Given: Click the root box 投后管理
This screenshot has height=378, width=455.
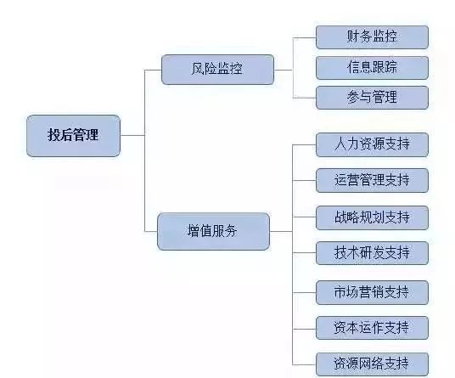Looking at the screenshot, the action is [73, 136].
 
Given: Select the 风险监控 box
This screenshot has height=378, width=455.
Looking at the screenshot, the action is [217, 70].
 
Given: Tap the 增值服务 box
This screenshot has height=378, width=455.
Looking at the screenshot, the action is [213, 231].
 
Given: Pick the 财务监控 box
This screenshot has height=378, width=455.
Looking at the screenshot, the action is [372, 37].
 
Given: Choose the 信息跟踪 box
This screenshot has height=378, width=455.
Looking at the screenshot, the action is [372, 68].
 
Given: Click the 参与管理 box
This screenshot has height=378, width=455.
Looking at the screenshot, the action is [372, 98].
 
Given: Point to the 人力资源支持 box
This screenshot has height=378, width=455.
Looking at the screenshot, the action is [372, 144].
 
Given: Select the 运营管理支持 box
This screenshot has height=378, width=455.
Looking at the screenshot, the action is [372, 180].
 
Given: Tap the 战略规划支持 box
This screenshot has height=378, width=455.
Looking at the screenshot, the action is [372, 217].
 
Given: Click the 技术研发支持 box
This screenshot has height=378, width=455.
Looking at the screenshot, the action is [372, 253].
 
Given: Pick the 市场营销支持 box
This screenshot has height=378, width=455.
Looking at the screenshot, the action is [372, 292].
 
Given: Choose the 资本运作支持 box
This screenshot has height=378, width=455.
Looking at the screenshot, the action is [372, 328].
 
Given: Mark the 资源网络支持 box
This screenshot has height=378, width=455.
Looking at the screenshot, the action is [372, 364].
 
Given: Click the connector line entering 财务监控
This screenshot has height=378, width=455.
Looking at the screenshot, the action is [304, 37].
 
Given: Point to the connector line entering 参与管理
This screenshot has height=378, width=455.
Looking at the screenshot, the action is [304, 98].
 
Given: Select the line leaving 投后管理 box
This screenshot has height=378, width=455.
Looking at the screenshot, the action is [132, 135].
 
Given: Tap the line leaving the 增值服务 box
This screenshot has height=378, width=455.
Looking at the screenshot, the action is [281, 231].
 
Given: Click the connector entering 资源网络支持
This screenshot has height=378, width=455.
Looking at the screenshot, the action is [304, 364].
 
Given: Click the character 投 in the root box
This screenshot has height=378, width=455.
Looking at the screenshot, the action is [54, 135].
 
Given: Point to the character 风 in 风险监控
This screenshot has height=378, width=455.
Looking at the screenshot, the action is [198, 69].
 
